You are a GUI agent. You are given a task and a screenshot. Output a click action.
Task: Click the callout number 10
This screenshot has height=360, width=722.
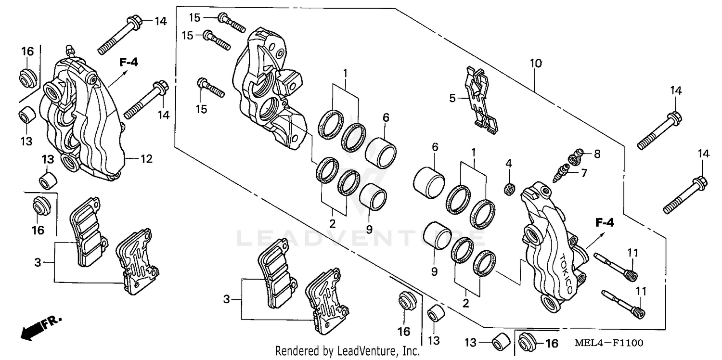tap(536, 63)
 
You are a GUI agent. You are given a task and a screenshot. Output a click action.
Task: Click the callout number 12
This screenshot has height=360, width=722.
tap(146, 158)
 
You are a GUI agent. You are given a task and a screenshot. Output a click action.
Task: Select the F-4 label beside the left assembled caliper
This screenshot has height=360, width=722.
tap(129, 62)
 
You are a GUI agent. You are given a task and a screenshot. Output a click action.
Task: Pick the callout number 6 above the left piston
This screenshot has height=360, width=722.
tap(386, 117)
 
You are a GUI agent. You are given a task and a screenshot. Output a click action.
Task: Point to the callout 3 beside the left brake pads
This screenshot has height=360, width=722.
tap(37, 262)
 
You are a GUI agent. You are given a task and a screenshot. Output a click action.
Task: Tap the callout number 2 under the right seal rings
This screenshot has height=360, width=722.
tap(465, 303)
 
